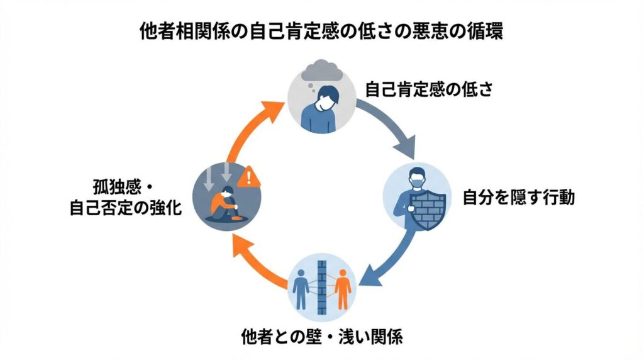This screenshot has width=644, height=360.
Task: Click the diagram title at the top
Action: click(x=321, y=32)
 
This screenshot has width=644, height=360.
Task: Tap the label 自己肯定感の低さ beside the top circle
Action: click(x=428, y=90)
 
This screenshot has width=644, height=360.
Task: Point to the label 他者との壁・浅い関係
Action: click(x=321, y=336)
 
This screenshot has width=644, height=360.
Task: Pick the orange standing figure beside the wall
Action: click(x=343, y=287)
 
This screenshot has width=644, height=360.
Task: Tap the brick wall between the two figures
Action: click(x=322, y=286)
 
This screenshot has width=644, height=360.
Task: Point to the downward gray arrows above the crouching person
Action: click(x=218, y=177)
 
